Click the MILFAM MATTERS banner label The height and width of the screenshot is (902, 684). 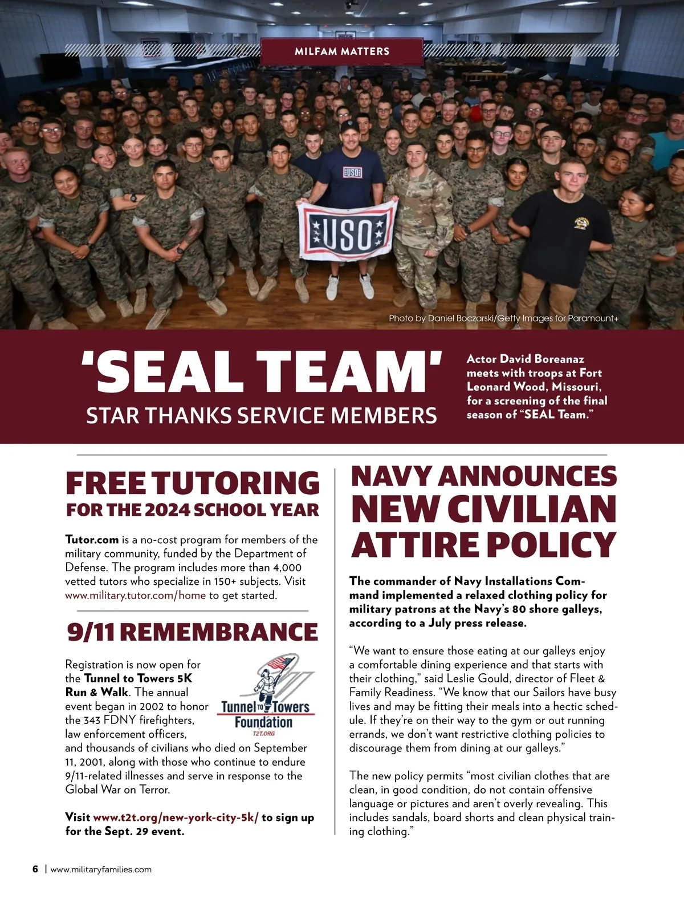point(342,51)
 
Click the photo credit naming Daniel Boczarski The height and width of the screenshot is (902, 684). point(503,318)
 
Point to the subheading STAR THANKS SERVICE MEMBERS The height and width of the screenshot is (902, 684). point(261,416)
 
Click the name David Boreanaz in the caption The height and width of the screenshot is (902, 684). point(542,359)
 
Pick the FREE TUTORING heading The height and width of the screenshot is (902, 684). point(193,483)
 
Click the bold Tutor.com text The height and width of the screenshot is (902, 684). point(92,540)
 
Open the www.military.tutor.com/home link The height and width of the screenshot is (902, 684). point(135,596)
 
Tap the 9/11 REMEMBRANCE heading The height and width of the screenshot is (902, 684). point(192,632)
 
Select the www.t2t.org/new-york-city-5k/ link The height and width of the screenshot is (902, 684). point(176,818)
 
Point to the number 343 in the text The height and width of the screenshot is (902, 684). point(92,720)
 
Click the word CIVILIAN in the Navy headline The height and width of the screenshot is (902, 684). point(483,509)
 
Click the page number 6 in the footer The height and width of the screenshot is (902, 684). point(35,869)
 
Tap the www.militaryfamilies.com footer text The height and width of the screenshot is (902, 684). point(101,869)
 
